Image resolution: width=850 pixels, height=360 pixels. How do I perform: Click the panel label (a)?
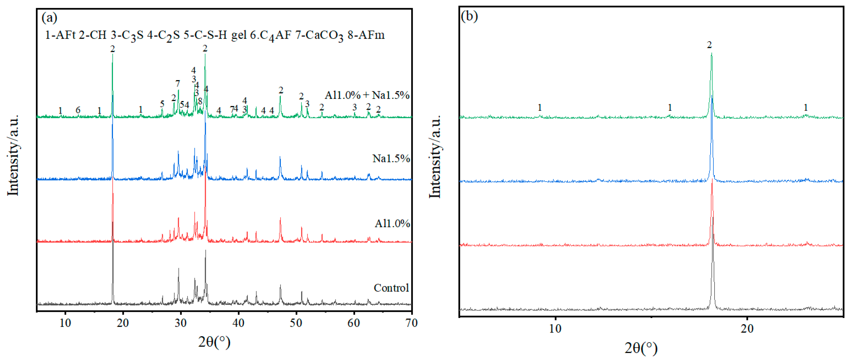49,17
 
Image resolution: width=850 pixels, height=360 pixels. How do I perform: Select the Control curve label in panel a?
391,288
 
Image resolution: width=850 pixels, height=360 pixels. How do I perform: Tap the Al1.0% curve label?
392,224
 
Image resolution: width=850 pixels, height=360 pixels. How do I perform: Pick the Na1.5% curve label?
391,158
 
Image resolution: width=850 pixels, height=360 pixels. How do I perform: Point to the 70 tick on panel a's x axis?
411,323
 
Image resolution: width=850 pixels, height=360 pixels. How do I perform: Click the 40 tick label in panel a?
238,323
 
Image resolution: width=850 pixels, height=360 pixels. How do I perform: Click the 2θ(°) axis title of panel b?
640,348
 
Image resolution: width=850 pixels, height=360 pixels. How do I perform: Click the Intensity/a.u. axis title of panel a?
13,155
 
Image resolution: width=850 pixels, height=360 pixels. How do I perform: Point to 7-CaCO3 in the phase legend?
319,35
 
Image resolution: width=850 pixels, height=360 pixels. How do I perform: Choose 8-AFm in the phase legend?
366,35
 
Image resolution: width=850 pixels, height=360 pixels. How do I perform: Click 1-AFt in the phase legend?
60,35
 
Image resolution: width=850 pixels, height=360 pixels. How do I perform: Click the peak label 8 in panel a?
200,101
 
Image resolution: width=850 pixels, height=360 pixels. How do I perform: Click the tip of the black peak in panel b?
713,218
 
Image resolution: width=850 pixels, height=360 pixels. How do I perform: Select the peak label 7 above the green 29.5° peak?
178,84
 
